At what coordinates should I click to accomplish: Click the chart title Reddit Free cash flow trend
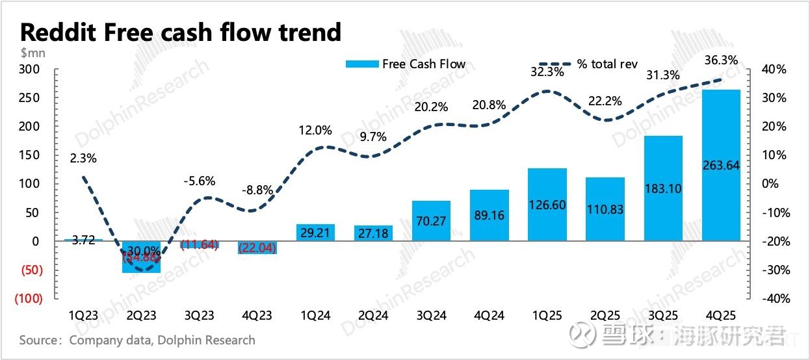point(181,32)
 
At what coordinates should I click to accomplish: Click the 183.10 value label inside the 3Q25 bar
point(662,186)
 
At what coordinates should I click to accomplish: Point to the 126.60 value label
point(547,205)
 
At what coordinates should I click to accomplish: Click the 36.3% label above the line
point(721,60)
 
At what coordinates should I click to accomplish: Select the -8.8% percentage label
point(257,191)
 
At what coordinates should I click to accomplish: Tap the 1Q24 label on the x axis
point(315,315)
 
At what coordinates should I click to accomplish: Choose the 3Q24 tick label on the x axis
point(431,315)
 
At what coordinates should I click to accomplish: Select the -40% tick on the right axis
point(773,298)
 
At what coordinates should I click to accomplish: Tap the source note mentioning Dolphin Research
point(137,340)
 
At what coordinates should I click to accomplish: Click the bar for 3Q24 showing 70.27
point(431,220)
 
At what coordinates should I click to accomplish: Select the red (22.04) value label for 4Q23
point(257,247)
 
